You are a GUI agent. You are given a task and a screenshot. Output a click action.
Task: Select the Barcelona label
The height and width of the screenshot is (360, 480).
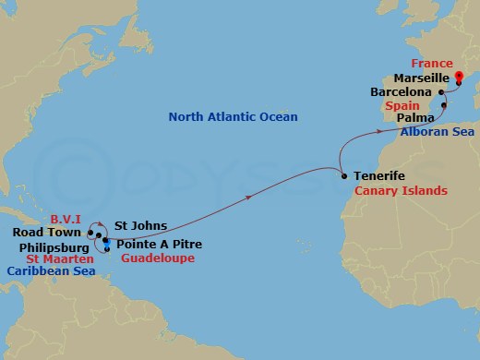pyautogui.click(x=401, y=93)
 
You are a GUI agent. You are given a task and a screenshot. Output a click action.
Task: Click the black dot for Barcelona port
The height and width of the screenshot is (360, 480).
pyautogui.click(x=443, y=92)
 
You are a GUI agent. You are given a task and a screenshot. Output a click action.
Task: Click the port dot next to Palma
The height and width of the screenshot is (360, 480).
pyautogui.click(x=444, y=106)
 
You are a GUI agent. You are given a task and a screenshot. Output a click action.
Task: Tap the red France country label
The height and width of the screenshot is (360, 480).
pyautogui.click(x=433, y=64)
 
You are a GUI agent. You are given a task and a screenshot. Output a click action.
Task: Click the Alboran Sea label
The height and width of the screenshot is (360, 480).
pyautogui.click(x=438, y=133)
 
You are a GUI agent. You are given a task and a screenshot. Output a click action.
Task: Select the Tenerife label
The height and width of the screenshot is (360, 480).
pyautogui.click(x=379, y=175)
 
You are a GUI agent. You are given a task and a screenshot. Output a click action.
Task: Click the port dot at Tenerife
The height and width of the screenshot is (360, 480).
pyautogui.click(x=343, y=175)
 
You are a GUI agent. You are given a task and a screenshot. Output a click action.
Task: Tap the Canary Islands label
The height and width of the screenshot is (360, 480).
pyautogui.click(x=402, y=190)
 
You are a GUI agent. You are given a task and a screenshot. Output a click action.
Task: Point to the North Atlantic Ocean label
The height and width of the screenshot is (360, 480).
pyautogui.click(x=233, y=117)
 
